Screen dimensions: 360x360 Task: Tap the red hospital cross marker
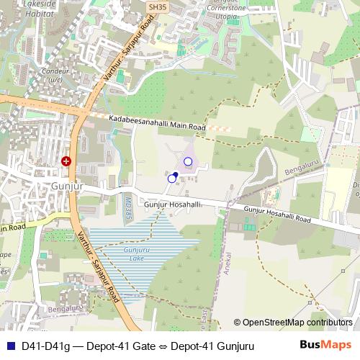pos(67,161)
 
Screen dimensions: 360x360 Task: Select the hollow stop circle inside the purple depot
pos(189,161)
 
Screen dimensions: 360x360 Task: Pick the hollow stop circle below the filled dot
pos(171,178)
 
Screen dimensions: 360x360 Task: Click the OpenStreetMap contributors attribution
pos(293,323)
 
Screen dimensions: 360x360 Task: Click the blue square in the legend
pos(9,346)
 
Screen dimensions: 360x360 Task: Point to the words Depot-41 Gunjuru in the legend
pos(212,346)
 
